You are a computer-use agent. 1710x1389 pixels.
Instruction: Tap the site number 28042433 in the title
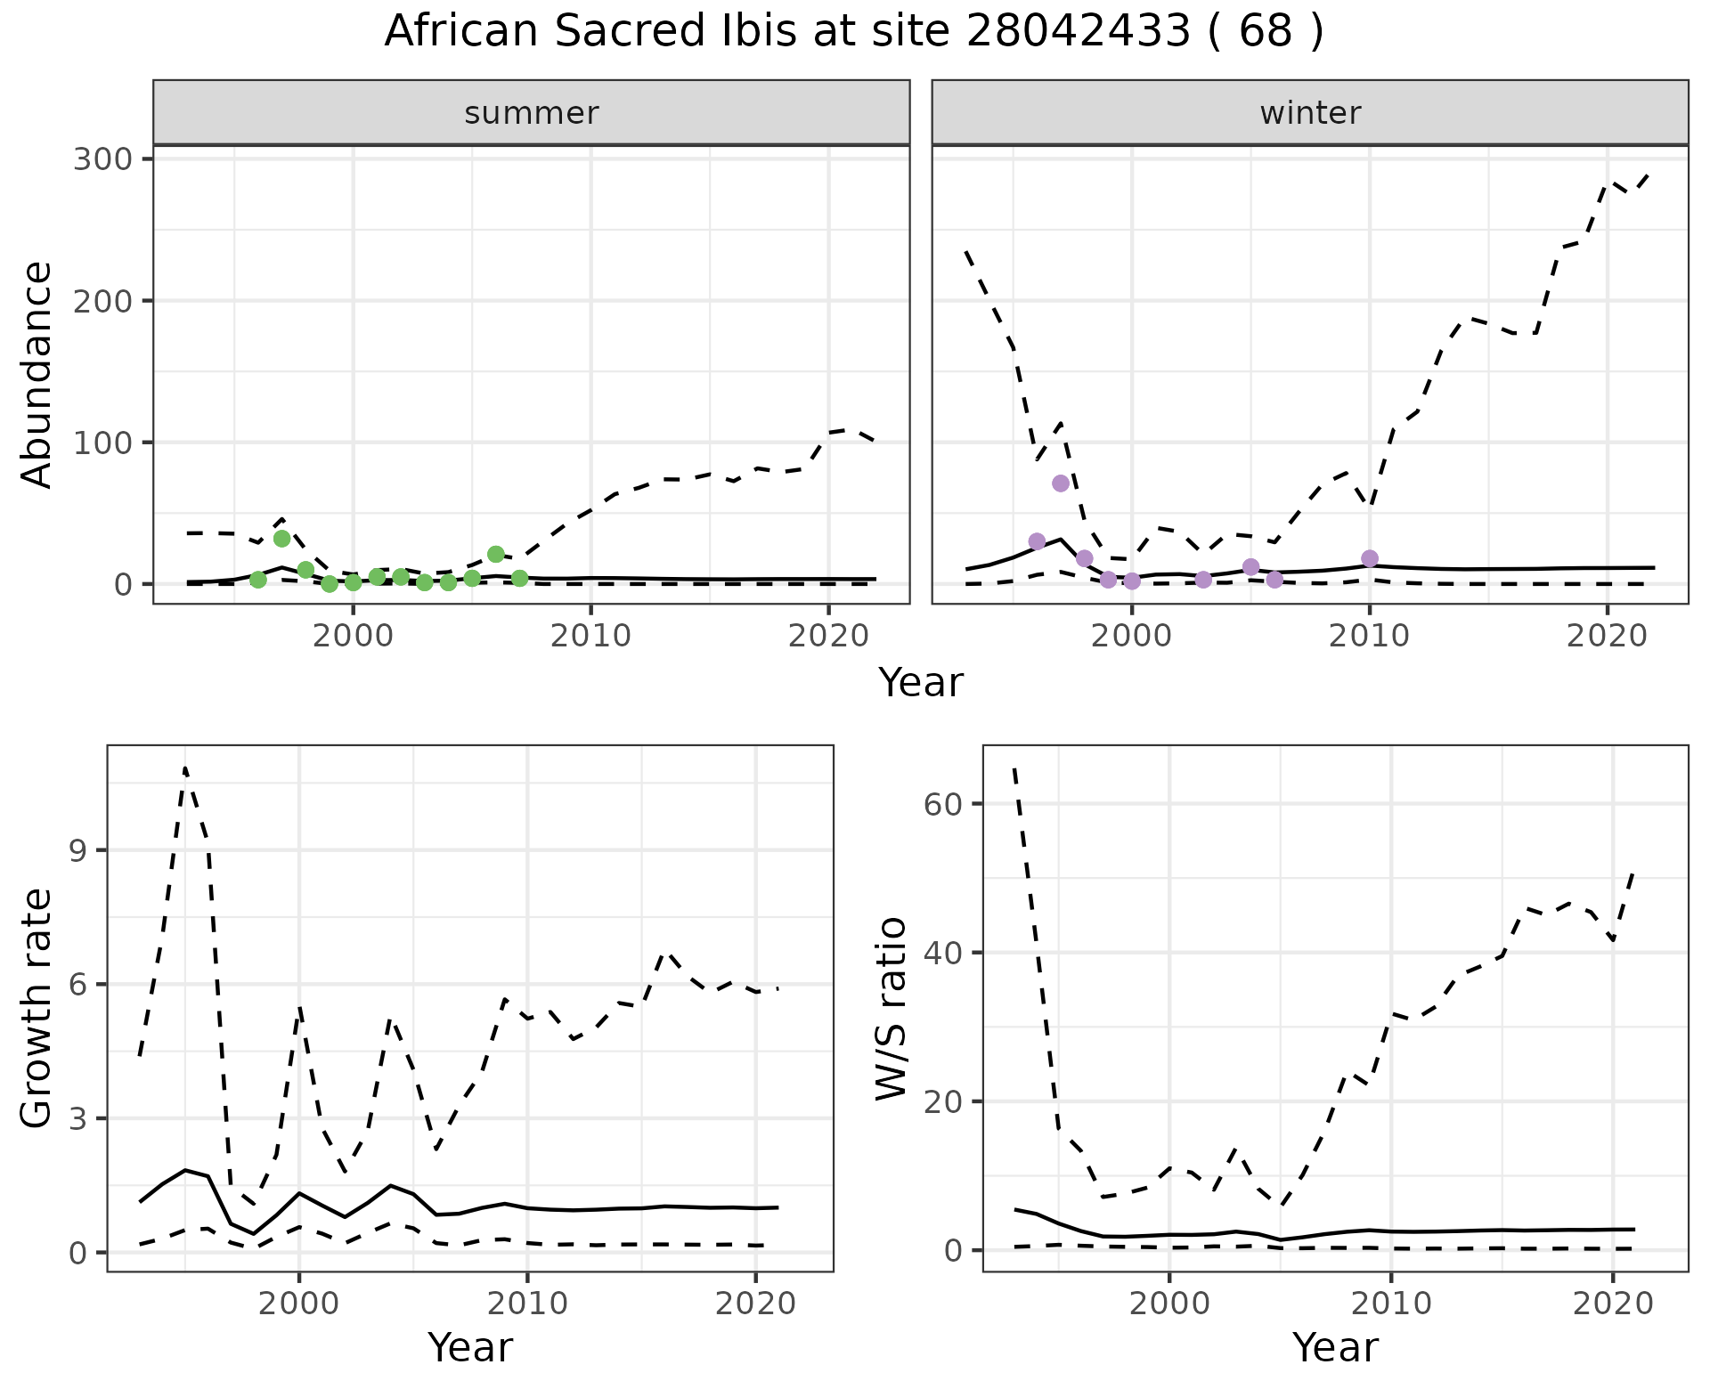(x=1078, y=32)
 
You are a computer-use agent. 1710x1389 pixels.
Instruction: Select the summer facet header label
(x=532, y=113)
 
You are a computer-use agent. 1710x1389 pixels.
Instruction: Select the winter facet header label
(x=1310, y=113)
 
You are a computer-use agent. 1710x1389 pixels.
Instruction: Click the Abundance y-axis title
(x=37, y=374)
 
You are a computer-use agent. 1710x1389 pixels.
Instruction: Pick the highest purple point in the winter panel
(x=1061, y=483)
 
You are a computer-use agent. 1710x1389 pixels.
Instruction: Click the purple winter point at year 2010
(x=1370, y=558)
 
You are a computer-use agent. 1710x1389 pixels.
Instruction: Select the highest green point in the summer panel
(x=282, y=538)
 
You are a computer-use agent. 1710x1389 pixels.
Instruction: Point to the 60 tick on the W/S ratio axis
(x=944, y=804)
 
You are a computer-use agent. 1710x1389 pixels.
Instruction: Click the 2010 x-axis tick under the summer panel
(x=590, y=637)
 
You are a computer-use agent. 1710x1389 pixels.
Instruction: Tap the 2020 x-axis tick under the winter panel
(x=1607, y=637)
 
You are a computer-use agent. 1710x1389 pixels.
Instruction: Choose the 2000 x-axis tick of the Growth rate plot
(x=299, y=1304)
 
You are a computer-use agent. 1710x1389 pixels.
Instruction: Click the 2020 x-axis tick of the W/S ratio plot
(x=1613, y=1304)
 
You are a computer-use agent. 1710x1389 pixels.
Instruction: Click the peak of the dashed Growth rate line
(x=185, y=768)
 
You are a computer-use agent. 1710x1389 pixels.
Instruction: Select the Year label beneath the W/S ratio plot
(x=1335, y=1348)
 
